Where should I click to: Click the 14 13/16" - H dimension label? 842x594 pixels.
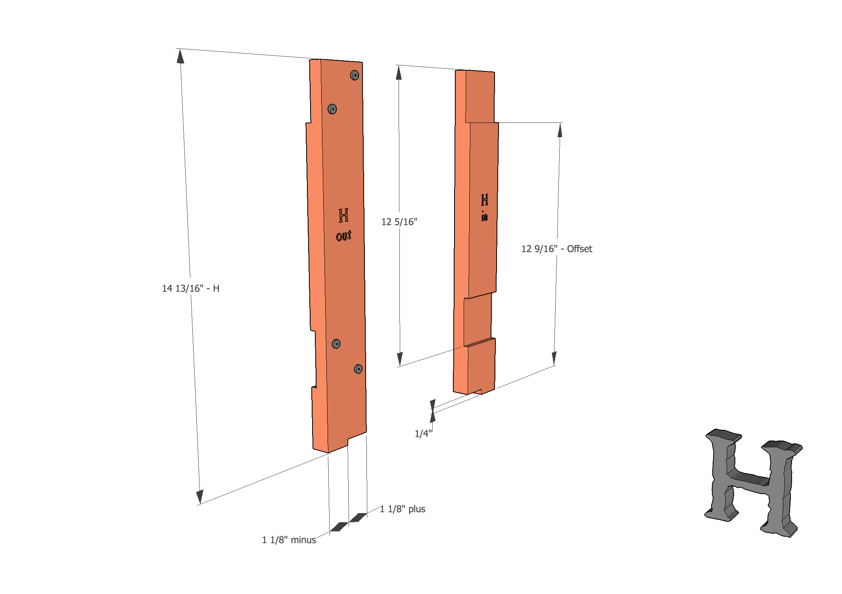click(190, 288)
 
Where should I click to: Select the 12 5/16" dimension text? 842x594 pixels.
click(399, 222)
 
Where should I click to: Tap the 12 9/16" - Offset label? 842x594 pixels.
click(556, 249)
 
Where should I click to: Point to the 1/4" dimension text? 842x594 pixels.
click(423, 433)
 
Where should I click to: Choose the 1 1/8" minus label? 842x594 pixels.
click(289, 540)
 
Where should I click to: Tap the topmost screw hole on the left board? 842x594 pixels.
click(355, 75)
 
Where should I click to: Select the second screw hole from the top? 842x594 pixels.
click(332, 109)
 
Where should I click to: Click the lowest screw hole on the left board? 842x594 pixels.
click(358, 369)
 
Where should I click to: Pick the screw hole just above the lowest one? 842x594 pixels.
click(336, 344)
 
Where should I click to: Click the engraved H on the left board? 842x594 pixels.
click(343, 215)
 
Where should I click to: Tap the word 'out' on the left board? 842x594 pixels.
click(343, 236)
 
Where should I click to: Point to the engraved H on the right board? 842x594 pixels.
click(484, 200)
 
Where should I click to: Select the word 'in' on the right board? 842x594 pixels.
click(484, 217)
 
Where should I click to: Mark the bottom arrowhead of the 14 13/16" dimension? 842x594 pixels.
click(199, 496)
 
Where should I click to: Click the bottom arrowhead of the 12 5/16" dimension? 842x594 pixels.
click(400, 358)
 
